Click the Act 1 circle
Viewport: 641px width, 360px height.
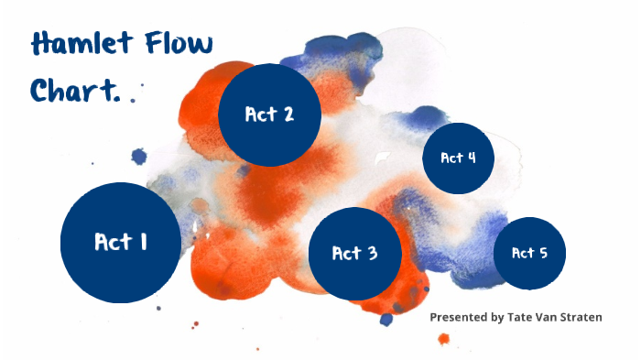(x=120, y=242)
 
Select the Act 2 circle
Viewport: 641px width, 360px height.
(x=269, y=115)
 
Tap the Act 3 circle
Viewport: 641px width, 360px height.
(x=355, y=254)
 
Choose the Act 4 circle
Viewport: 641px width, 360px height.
(x=458, y=158)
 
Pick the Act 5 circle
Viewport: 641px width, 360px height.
(x=529, y=253)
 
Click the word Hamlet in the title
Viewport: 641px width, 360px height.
(x=79, y=43)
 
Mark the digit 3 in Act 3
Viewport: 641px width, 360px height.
(x=372, y=254)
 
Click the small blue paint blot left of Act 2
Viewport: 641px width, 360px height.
(x=139, y=157)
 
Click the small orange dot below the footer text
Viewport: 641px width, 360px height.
(x=444, y=339)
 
